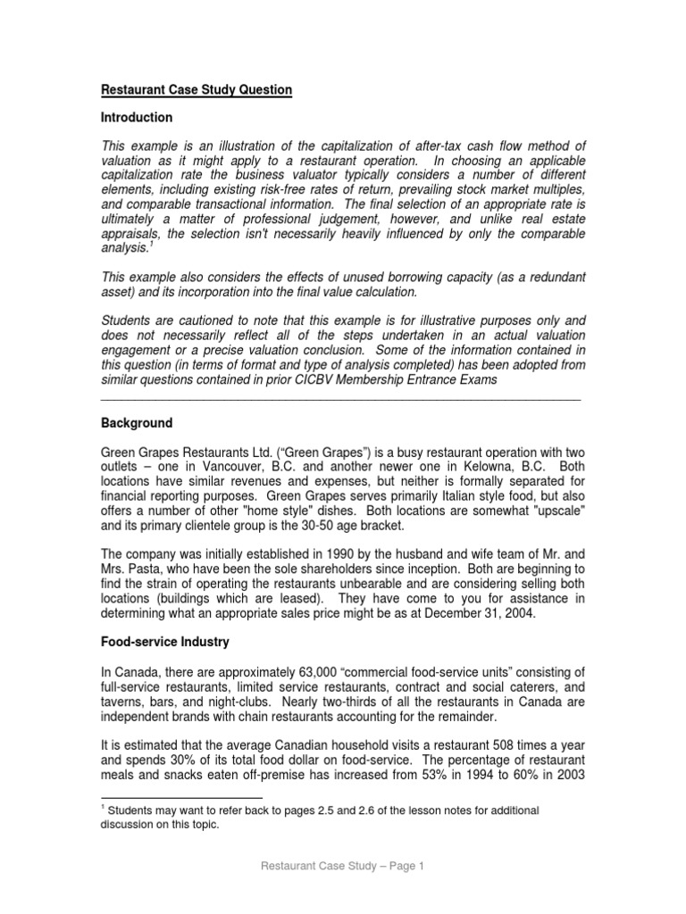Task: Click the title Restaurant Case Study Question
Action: pos(195,90)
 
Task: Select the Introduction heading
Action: pos(136,118)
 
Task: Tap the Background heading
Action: pos(136,423)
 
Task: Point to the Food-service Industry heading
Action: pos(164,642)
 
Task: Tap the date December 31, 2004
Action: pos(502,613)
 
